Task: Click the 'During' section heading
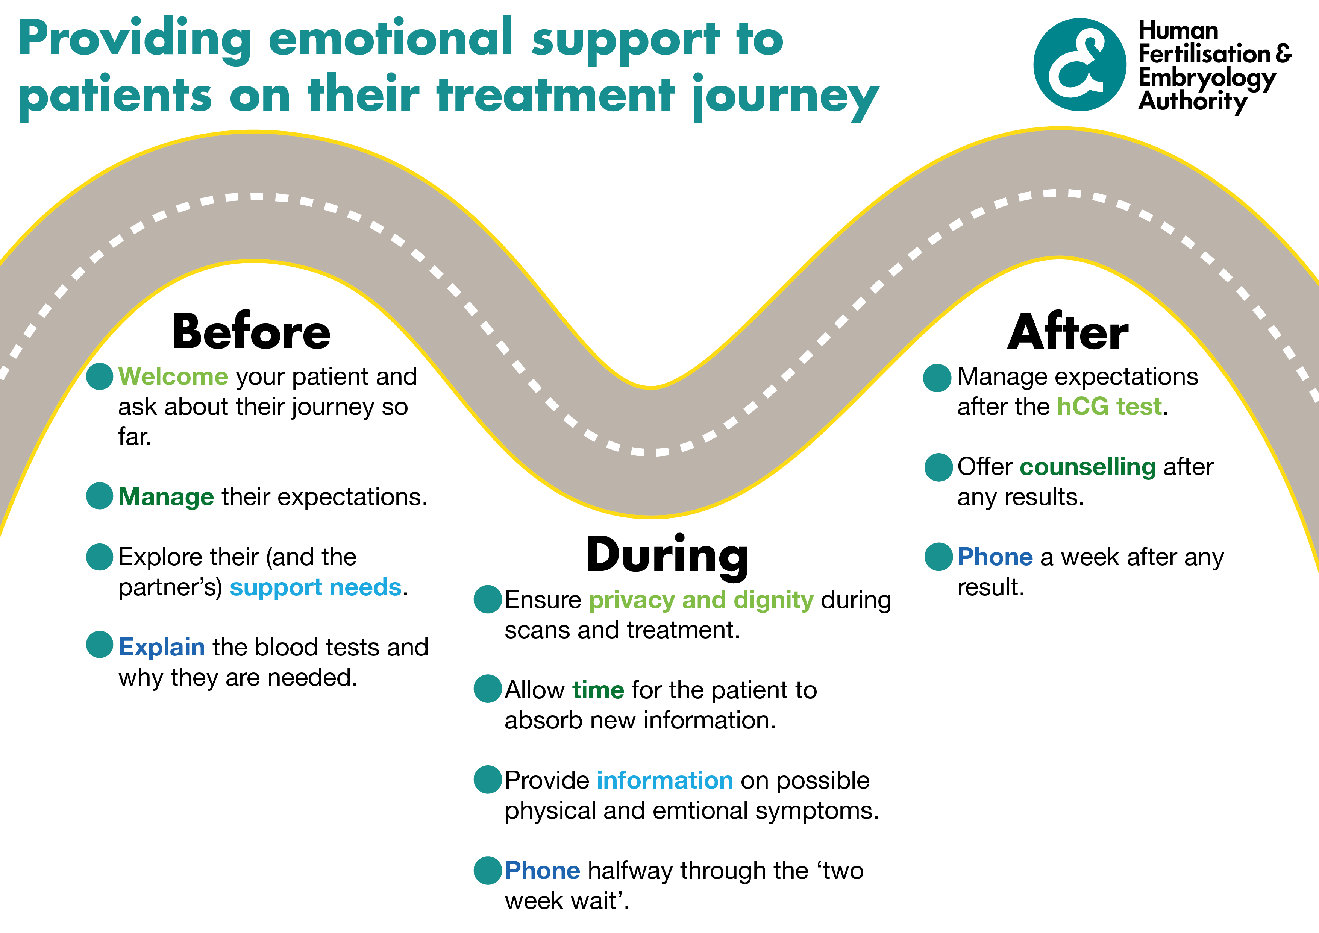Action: [667, 555]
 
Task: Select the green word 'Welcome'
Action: [173, 377]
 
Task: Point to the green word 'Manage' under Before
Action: [166, 497]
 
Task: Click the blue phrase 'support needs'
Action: [315, 587]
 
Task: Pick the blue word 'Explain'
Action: [161, 648]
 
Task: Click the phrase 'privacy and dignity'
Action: [701, 600]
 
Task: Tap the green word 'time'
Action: [598, 690]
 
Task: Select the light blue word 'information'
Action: [665, 781]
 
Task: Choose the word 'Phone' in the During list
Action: [542, 871]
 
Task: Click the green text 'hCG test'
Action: [1109, 407]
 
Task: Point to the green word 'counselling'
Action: [1087, 467]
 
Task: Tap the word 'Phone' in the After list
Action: [995, 557]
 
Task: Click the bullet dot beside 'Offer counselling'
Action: [938, 467]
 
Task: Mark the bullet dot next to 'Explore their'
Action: [99, 557]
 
